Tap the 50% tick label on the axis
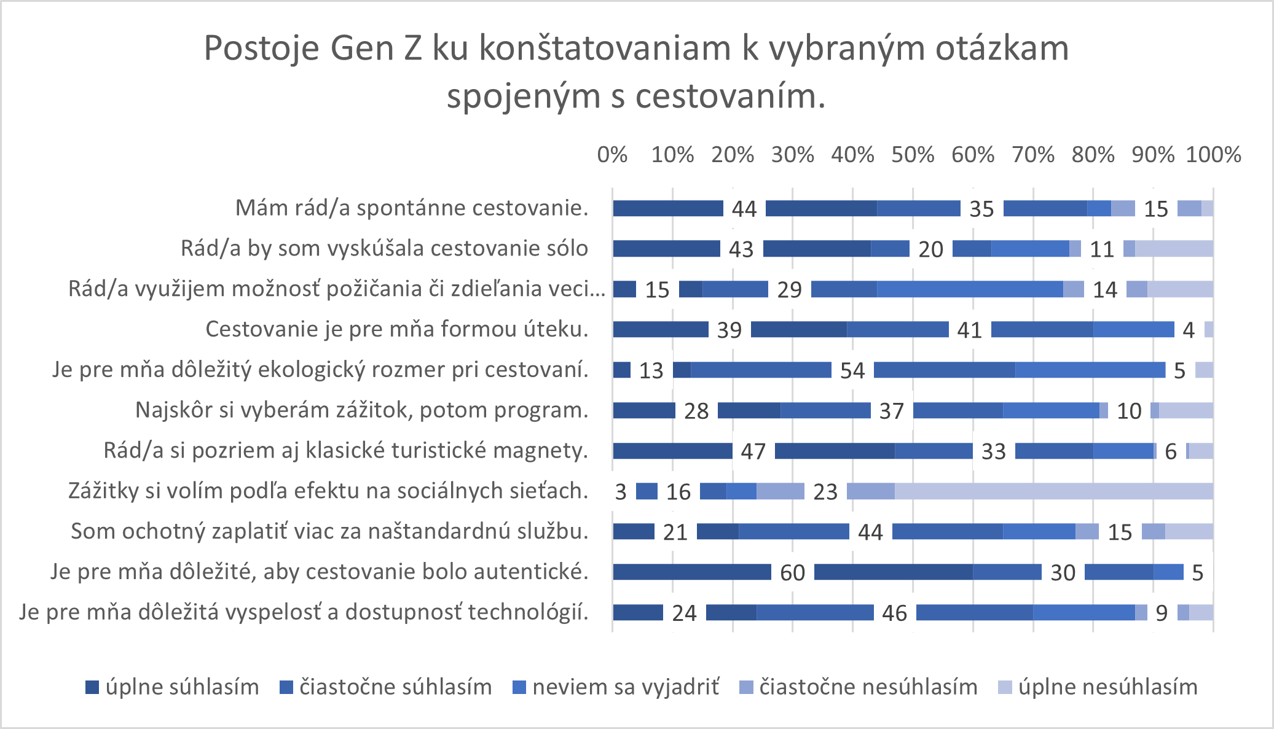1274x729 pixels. pos(913,155)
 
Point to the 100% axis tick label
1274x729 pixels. pos(1213,155)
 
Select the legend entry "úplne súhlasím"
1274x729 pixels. pos(173,687)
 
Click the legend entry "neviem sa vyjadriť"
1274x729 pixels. pos(616,687)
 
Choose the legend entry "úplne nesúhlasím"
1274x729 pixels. pos(1098,687)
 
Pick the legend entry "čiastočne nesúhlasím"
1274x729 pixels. pos(859,687)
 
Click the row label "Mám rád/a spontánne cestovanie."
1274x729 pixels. pos(412,208)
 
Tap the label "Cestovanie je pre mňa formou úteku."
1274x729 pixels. pos(396,329)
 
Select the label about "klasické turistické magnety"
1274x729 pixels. pos(345,451)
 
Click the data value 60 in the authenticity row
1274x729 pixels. pos(792,572)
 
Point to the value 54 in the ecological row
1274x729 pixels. pos(852,370)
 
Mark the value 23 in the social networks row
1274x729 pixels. pos(825,491)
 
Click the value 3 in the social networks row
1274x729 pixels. pos(621,491)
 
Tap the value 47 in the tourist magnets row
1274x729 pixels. pos(753,451)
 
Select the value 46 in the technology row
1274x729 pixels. pos(894,613)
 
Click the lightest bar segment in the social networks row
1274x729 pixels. pos(1053,491)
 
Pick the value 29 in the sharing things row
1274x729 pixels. pos(789,289)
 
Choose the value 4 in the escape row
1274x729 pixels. pos(1189,330)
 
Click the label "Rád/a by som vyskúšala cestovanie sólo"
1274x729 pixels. pos(384,249)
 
